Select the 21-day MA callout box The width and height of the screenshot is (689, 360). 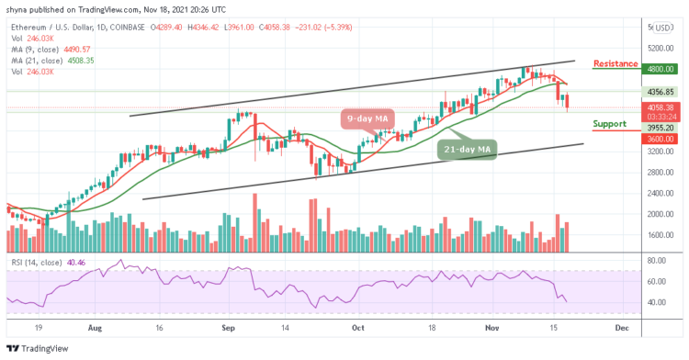(467, 151)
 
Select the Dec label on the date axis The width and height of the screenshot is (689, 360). (621, 325)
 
